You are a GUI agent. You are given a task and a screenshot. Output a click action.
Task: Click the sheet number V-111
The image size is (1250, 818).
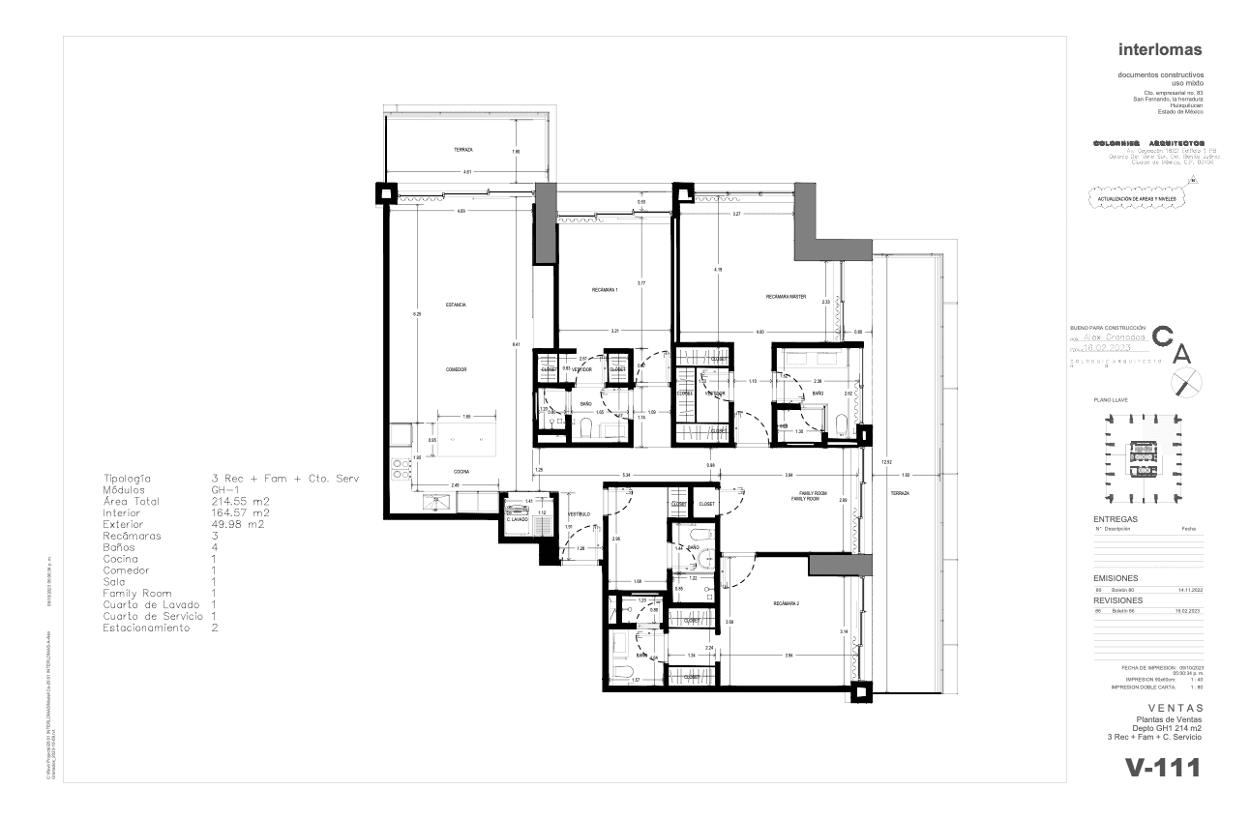tap(1162, 768)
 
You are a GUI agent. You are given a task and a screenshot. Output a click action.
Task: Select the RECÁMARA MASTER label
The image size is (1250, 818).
tap(786, 296)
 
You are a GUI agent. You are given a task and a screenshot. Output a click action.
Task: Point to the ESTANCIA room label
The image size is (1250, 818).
tap(456, 306)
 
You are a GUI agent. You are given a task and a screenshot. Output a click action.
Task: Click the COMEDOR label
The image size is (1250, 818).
tap(457, 370)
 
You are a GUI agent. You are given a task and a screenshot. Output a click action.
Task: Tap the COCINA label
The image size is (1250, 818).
tap(461, 472)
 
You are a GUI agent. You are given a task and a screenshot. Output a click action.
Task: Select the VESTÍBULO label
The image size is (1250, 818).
tap(579, 513)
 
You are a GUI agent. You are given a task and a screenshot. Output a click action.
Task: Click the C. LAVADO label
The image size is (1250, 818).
tap(517, 520)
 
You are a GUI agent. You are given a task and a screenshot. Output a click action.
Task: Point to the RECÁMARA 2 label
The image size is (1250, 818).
tap(787, 603)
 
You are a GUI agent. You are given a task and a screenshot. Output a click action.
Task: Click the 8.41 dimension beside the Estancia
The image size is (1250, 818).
tap(516, 344)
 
